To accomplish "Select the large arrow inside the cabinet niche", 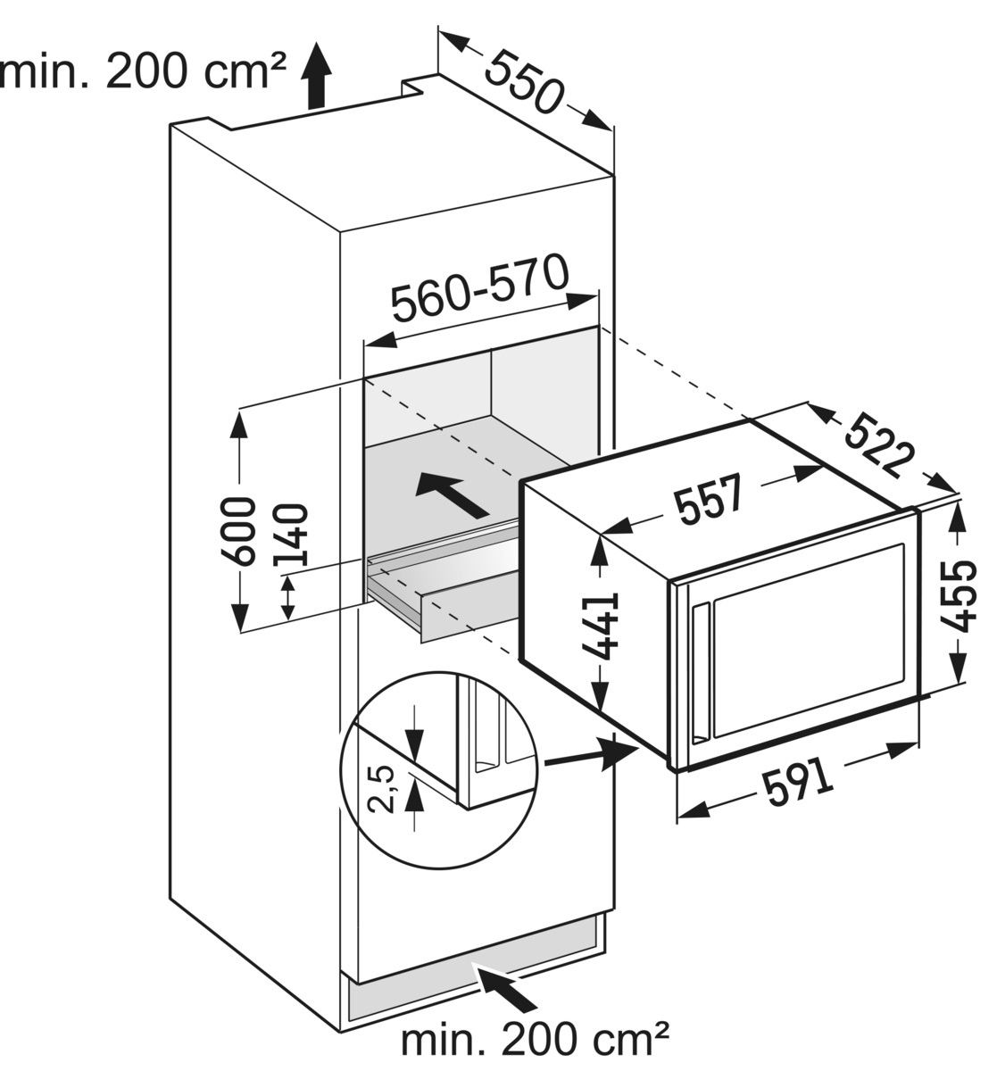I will tap(453, 496).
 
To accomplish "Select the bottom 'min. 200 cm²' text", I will tap(535, 1040).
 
